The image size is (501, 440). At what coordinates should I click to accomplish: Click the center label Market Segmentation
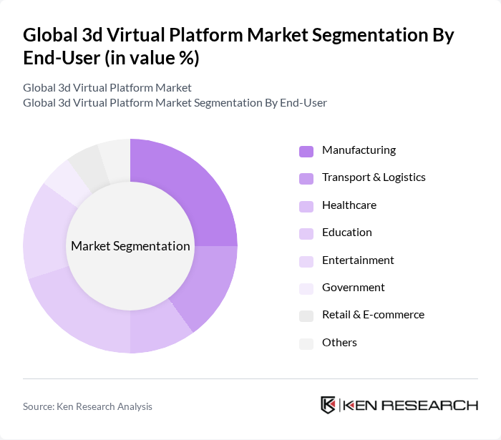click(130, 246)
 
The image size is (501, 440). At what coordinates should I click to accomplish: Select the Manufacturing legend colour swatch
click(306, 151)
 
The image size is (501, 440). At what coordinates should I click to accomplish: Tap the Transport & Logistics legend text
click(374, 177)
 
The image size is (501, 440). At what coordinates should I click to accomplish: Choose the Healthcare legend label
click(349, 205)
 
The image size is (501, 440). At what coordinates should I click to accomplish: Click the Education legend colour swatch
click(306, 233)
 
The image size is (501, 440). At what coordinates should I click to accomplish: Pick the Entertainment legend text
click(358, 260)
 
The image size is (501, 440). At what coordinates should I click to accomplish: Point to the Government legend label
click(353, 288)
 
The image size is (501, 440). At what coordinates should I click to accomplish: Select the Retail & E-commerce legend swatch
click(306, 316)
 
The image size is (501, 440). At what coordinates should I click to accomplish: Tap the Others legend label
click(339, 343)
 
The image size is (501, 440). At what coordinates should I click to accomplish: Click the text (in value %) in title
click(152, 59)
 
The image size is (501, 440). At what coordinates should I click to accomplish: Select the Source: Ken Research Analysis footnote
click(87, 406)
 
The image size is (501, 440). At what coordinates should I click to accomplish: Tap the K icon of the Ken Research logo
click(329, 405)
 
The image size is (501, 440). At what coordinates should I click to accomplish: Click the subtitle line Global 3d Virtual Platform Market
click(107, 88)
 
